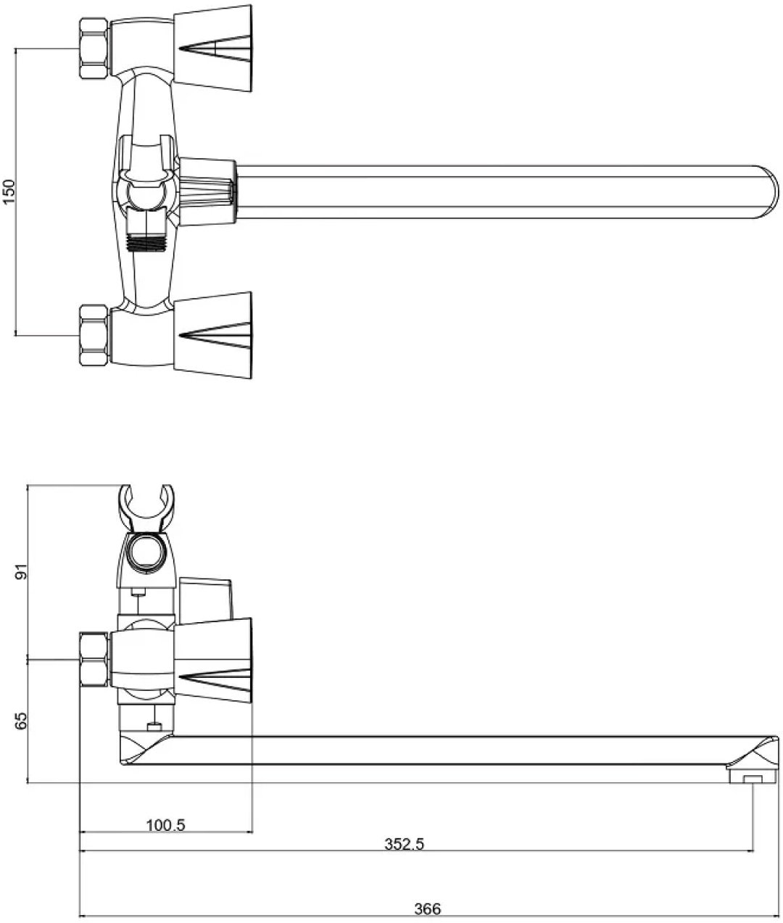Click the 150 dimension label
coord(9,192)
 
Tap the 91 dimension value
coord(22,572)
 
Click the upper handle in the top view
coord(212,49)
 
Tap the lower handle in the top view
coord(212,335)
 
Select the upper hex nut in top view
coord(94,49)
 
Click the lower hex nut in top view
coord(94,336)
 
